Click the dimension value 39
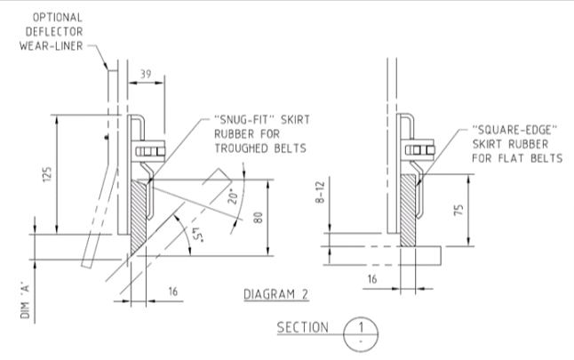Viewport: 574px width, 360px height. coord(146,77)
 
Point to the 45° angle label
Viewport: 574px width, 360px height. coord(194,236)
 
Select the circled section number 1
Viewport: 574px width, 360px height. coord(360,325)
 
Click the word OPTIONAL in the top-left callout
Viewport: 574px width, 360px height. coord(60,16)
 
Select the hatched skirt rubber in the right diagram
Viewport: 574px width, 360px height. coord(408,209)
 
